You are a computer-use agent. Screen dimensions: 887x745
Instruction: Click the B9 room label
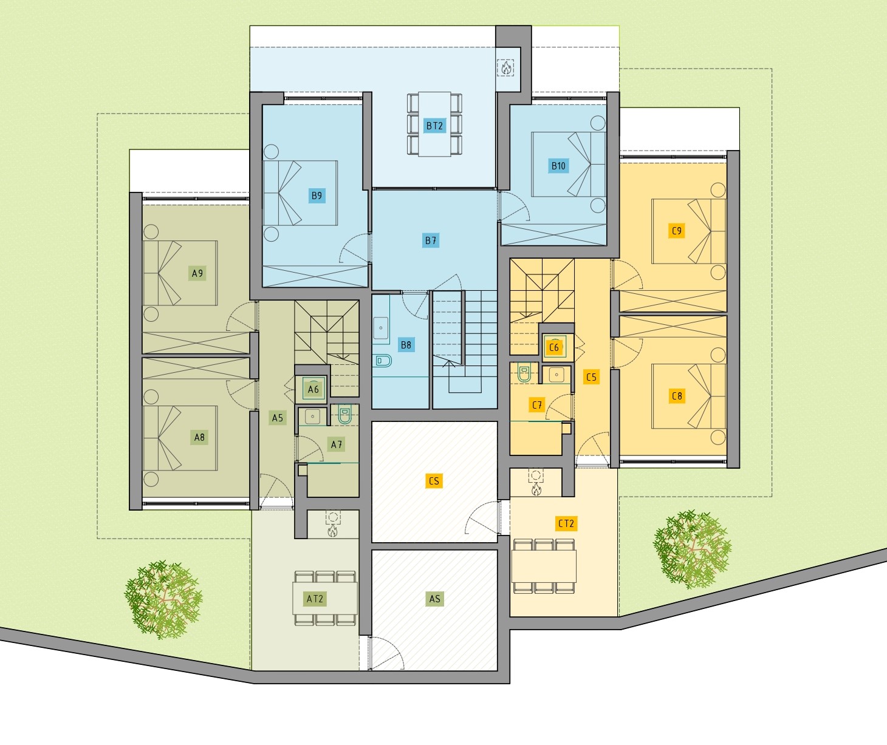pyautogui.click(x=317, y=196)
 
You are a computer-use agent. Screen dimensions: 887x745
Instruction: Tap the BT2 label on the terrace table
pyautogui.click(x=434, y=126)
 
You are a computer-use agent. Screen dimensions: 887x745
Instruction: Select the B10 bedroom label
pyautogui.click(x=558, y=166)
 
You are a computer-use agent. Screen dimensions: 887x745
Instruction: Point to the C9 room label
pyautogui.click(x=677, y=231)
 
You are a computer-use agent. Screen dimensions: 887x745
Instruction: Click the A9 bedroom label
pyautogui.click(x=197, y=273)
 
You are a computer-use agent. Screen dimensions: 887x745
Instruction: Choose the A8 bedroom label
pyautogui.click(x=199, y=437)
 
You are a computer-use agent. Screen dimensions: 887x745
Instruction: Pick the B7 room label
pyautogui.click(x=431, y=240)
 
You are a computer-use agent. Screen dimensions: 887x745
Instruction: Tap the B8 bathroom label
pyautogui.click(x=406, y=345)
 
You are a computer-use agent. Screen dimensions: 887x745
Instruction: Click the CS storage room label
pyautogui.click(x=434, y=481)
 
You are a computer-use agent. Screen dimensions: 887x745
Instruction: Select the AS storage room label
pyautogui.click(x=434, y=599)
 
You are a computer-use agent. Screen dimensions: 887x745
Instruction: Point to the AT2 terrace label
pyautogui.click(x=315, y=599)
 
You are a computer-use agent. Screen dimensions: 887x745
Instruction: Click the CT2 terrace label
pyautogui.click(x=566, y=523)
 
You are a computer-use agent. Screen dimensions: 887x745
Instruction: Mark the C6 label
pyautogui.click(x=554, y=348)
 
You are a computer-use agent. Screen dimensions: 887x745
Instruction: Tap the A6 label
pyautogui.click(x=313, y=389)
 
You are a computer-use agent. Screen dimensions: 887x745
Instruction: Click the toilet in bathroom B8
pyautogui.click(x=383, y=361)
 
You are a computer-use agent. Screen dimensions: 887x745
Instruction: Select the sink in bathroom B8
pyautogui.click(x=381, y=328)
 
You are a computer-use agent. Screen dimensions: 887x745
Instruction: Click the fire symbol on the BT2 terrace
pyautogui.click(x=506, y=67)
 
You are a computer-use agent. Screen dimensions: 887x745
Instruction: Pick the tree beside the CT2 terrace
pyautogui.click(x=693, y=550)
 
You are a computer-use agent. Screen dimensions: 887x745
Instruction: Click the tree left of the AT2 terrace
pyautogui.click(x=163, y=600)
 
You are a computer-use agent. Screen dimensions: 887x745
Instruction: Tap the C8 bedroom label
pyautogui.click(x=677, y=396)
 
